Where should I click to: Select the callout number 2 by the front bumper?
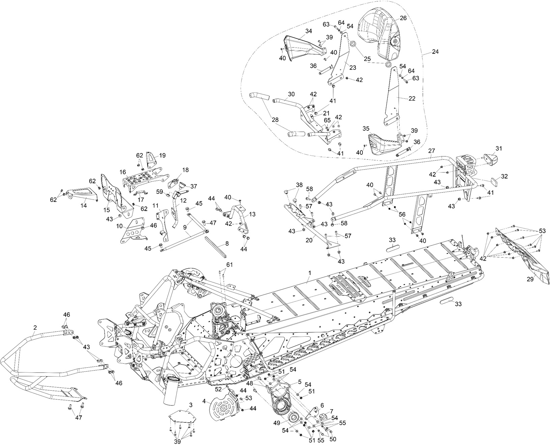click(x=35, y=328)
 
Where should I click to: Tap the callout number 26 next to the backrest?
click(x=403, y=18)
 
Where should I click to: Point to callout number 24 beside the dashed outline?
click(x=435, y=52)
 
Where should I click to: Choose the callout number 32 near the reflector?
click(x=504, y=176)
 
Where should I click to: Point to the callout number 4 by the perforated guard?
click(x=204, y=401)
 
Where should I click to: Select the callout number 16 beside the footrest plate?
click(x=122, y=172)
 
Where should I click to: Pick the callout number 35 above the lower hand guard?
click(x=367, y=129)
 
